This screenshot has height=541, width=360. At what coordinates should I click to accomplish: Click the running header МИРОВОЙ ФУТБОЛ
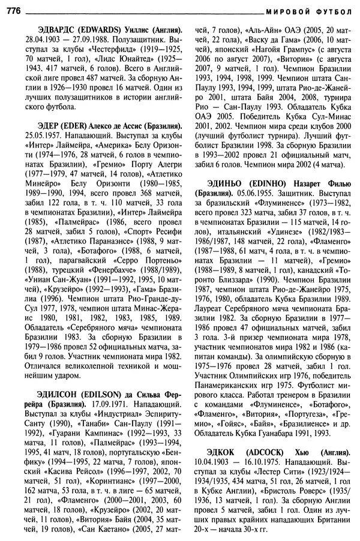pos(310,9)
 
